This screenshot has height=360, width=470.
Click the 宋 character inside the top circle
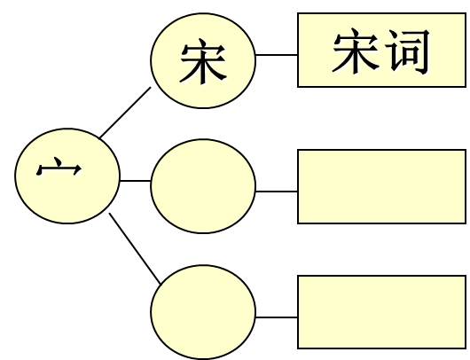click(x=203, y=61)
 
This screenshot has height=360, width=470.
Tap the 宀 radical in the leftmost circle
click(x=59, y=167)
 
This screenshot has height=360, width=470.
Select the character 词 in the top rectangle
click(x=407, y=51)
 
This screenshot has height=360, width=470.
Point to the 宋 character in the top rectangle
click(x=356, y=51)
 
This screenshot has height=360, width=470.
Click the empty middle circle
click(x=203, y=186)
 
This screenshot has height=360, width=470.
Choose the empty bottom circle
click(x=203, y=312)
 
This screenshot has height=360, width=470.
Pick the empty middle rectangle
click(x=381, y=186)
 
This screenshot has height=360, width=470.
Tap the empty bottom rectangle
click(x=381, y=312)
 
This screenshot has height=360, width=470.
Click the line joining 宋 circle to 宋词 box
click(x=277, y=55)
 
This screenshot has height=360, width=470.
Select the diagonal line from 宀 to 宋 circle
click(x=125, y=113)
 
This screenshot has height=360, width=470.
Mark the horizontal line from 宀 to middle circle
click(x=135, y=181)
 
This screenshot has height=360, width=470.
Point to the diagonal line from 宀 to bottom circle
click(x=135, y=248)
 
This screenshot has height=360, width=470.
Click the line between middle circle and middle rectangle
click(x=277, y=192)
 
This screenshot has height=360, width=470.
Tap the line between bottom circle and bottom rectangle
click(x=277, y=317)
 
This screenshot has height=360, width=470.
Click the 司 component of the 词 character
click(x=416, y=51)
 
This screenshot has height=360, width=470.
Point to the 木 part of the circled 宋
click(x=203, y=68)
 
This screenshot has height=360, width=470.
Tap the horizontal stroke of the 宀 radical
click(x=59, y=169)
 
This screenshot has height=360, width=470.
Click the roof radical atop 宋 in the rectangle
click(x=356, y=38)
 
